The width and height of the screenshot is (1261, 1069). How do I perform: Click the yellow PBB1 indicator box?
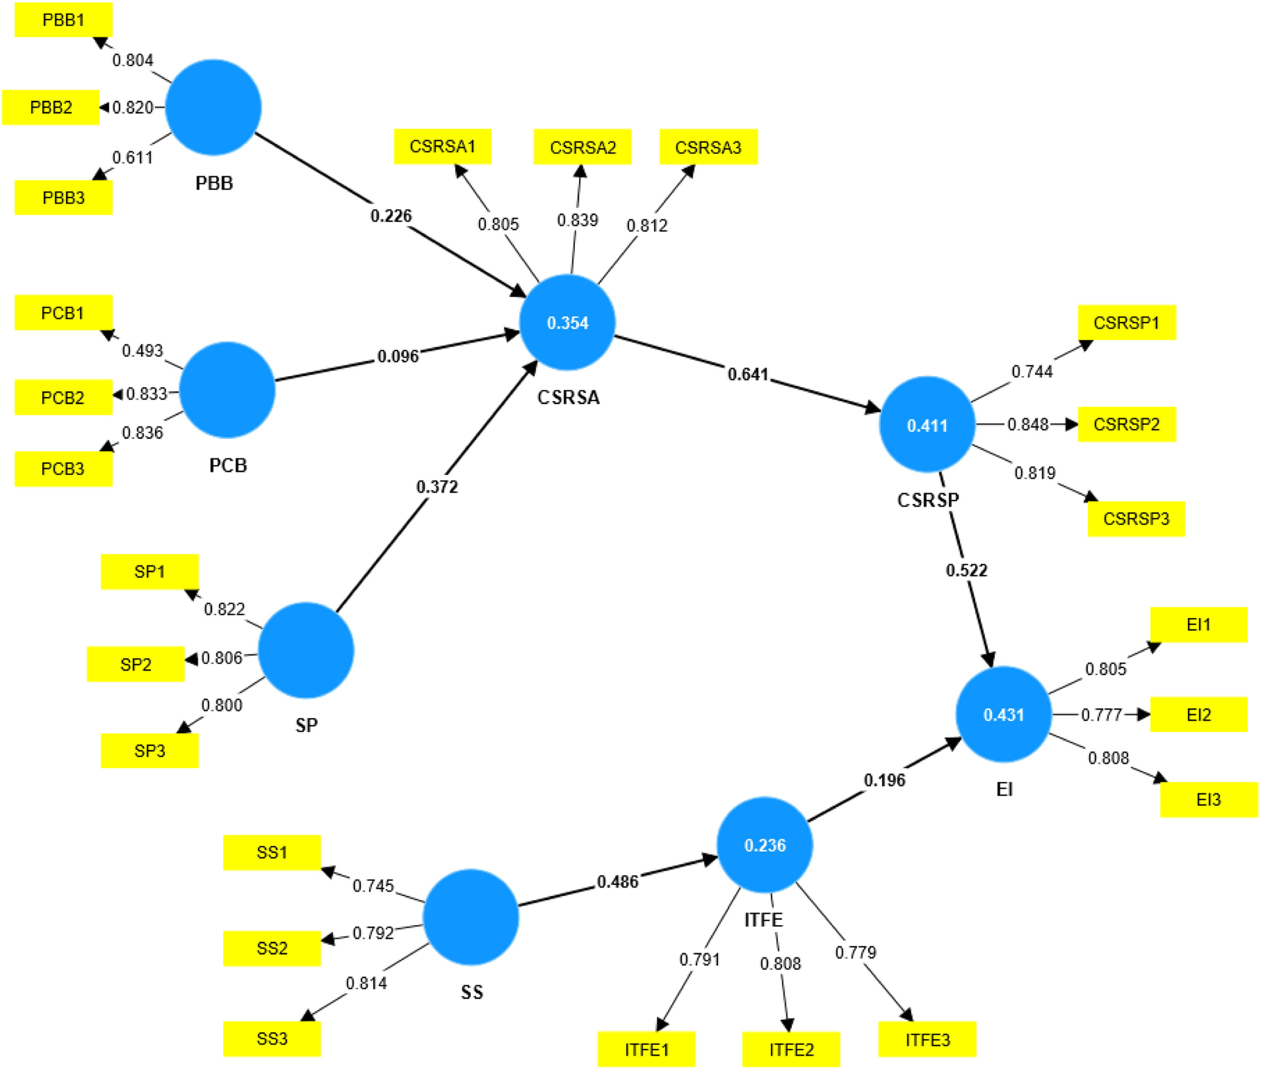(x=64, y=20)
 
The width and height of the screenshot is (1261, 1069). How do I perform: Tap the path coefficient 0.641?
(x=748, y=375)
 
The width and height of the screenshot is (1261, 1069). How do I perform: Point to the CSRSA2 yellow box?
(x=583, y=147)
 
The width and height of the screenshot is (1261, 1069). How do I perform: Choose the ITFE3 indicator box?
(x=927, y=1040)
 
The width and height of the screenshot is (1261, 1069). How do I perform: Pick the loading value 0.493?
(x=143, y=350)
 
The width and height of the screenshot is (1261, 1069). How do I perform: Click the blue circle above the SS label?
(x=471, y=917)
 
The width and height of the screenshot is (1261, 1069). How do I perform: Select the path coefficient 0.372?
(x=437, y=487)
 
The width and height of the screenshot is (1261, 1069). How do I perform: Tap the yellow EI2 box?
(x=1198, y=715)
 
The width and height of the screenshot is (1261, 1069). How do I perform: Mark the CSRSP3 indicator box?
(x=1136, y=519)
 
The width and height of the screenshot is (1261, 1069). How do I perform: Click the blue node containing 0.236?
(x=765, y=845)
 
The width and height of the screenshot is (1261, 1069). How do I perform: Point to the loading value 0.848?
(x=1028, y=424)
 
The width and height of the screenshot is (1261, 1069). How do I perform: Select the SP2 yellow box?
(x=136, y=664)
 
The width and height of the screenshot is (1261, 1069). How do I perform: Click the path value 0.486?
(x=618, y=882)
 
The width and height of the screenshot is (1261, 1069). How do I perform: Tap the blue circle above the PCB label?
(x=227, y=390)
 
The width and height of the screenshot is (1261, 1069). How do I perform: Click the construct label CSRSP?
(x=928, y=500)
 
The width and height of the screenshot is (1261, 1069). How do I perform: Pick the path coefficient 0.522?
(x=966, y=570)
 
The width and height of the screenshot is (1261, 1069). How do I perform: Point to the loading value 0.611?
(x=133, y=158)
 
